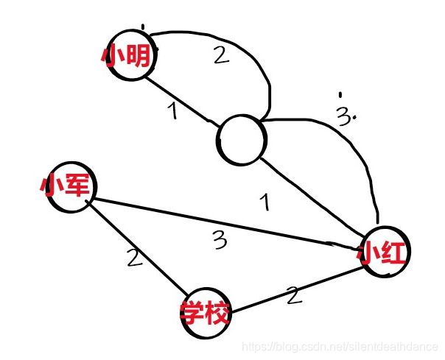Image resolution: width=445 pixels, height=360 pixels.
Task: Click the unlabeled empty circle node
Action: (x=242, y=139)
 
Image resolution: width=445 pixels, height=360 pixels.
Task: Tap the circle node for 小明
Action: (x=130, y=56)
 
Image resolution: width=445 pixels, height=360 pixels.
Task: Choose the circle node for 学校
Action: (x=206, y=312)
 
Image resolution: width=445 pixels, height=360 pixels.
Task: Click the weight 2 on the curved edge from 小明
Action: (x=221, y=56)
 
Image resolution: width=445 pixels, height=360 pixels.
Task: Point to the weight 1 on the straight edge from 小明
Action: (x=172, y=112)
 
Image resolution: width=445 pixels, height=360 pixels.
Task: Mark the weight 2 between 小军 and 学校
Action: (x=132, y=258)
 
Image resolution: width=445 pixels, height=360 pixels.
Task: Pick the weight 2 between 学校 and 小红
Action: (x=294, y=296)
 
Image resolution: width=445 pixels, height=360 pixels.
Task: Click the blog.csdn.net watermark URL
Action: (x=340, y=346)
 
